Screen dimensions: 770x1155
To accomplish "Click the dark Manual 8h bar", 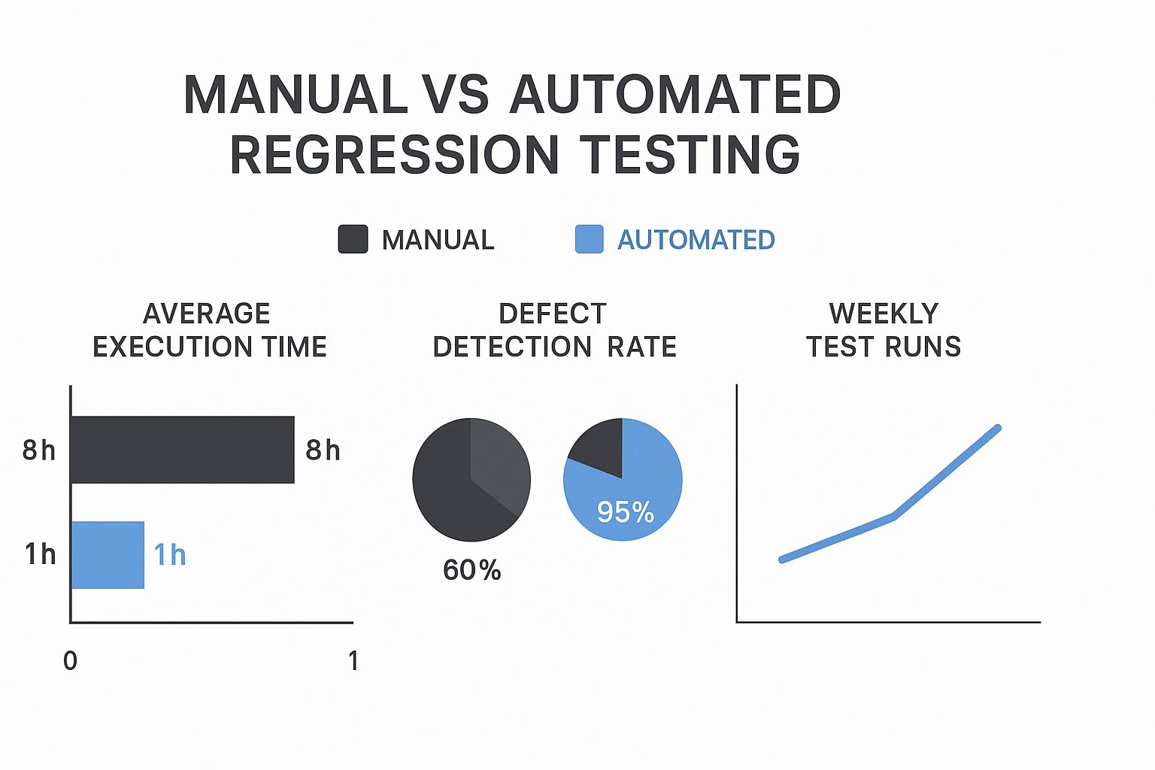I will pos(182,450).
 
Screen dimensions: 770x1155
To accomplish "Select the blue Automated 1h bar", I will pos(108,555).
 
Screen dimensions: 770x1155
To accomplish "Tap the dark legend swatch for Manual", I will pos(353,239).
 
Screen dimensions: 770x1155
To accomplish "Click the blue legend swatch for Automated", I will pos(589,239).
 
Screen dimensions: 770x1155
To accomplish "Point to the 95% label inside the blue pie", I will pos(625,512).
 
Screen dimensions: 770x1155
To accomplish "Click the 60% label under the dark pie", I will pos(471,570).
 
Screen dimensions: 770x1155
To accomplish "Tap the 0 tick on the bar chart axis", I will pos(70,661).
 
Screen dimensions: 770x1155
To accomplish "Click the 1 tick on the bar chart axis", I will pos(353,661).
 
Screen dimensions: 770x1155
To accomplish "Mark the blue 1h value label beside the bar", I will pos(170,555).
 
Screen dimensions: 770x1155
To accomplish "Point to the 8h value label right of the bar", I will pos(323,450).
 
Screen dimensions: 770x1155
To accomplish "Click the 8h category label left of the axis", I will pos(39,450).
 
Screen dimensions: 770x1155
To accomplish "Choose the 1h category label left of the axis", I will pos(40,554).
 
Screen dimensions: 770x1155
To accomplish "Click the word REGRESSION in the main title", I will pos(394,155).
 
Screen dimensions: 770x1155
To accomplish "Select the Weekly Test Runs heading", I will pos(884,330).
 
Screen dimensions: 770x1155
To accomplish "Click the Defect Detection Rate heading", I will pos(554,330).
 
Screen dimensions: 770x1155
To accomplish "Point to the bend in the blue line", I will pos(893,516).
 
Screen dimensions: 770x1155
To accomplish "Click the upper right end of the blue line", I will pos(998,428).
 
